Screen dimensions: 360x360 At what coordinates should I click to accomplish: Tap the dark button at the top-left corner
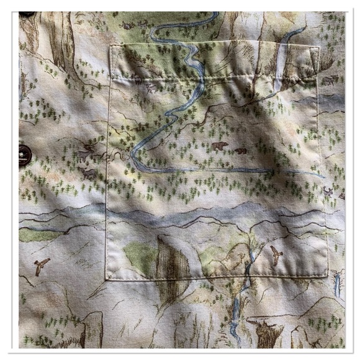(x=27, y=13)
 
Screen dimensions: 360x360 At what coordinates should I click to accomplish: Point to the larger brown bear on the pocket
(x=219, y=146)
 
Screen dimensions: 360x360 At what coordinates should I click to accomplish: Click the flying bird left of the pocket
(x=42, y=266)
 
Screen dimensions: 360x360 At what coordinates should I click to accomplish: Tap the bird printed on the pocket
(x=276, y=253)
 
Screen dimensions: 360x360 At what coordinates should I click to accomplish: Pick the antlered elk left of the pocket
(x=88, y=151)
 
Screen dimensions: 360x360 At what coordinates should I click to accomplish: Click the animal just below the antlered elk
(x=88, y=173)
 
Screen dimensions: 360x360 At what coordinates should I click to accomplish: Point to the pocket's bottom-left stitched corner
(x=108, y=277)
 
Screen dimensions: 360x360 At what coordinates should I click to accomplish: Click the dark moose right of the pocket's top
(x=330, y=79)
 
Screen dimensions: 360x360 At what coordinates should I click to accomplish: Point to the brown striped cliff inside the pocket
(x=171, y=261)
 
